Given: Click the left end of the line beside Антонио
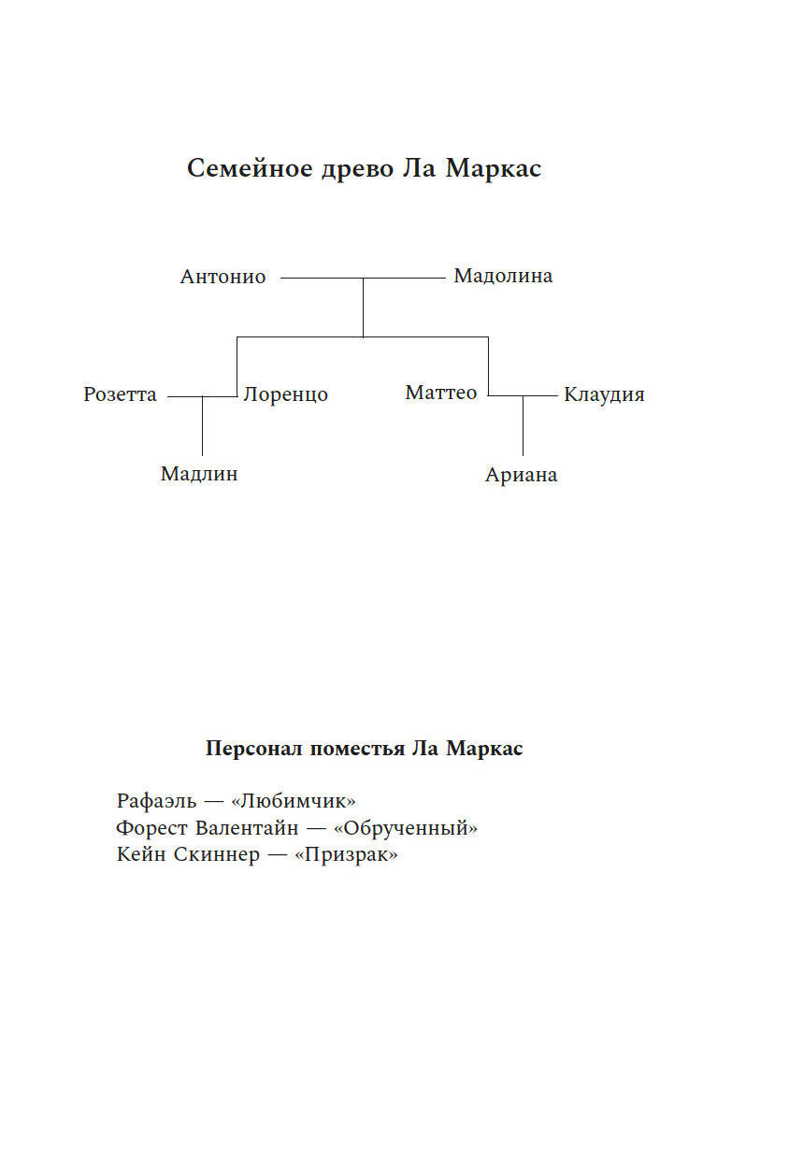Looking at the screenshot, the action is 281,279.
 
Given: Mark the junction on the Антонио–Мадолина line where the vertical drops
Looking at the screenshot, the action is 363,279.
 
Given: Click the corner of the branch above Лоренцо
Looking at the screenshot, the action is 237,337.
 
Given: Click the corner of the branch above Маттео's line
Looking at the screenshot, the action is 488,337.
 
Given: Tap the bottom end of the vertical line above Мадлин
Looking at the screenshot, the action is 202,455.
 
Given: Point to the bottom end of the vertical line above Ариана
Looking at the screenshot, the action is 523,455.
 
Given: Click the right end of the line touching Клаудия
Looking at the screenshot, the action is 557,396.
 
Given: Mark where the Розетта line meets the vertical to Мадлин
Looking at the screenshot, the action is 202,397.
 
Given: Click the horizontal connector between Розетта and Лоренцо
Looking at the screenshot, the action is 202,397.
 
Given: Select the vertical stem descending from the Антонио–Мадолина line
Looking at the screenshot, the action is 363,308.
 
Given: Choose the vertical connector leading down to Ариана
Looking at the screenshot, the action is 523,426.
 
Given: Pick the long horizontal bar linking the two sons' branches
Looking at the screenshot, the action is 363,337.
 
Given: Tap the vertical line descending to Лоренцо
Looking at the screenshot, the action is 237,366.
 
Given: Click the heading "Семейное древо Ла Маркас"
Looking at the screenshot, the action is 365,168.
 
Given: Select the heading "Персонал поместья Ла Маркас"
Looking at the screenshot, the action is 365,749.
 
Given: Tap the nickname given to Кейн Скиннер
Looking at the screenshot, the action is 346,854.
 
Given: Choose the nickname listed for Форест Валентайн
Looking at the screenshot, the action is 406,828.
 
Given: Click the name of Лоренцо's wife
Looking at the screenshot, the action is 120,394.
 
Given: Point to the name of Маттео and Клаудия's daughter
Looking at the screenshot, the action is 521,475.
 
